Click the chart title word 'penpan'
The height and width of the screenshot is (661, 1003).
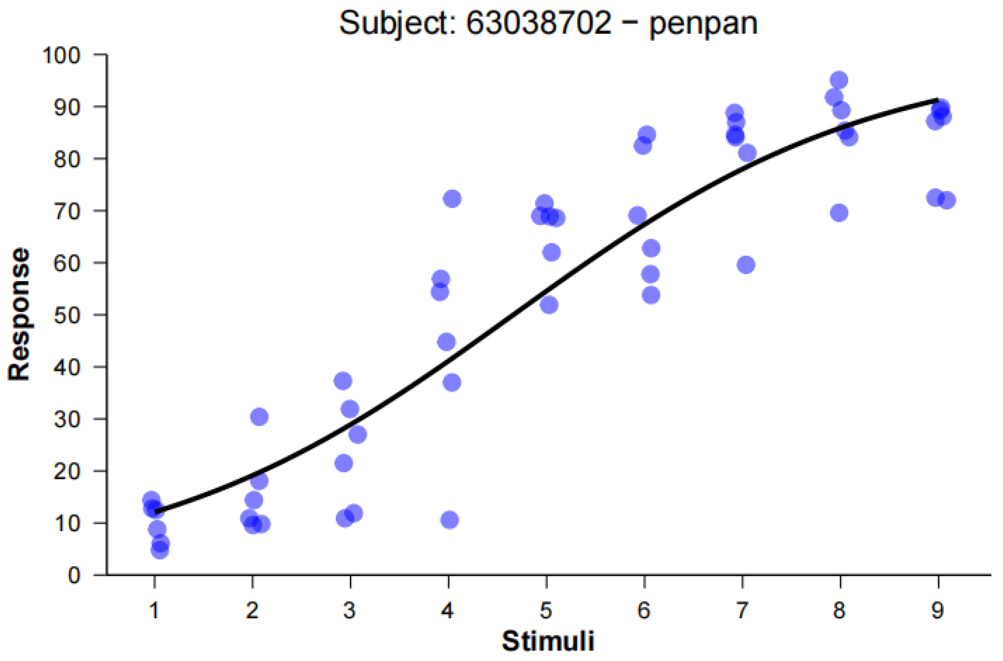[703, 24]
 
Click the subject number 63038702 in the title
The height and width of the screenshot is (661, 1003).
[539, 23]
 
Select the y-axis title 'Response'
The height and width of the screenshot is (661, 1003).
[19, 314]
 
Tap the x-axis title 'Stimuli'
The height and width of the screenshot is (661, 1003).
[548, 641]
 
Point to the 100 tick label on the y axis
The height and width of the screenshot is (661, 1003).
[61, 55]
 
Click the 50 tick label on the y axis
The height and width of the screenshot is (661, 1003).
[67, 315]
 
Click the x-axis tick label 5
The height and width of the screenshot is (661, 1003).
[546, 610]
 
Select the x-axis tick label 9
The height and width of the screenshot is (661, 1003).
[937, 610]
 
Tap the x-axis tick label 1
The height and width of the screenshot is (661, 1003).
[154, 610]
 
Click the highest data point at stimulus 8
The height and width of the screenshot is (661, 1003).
[839, 80]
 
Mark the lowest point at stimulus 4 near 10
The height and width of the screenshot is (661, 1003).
[450, 520]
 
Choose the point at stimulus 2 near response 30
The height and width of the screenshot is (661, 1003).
[259, 417]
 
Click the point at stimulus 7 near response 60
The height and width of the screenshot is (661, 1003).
[746, 265]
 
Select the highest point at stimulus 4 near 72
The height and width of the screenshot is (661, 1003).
[452, 199]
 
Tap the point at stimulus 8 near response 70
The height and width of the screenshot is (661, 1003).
[839, 213]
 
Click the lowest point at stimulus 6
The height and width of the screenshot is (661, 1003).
[651, 295]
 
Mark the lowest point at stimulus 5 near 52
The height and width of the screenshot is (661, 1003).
[549, 305]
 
